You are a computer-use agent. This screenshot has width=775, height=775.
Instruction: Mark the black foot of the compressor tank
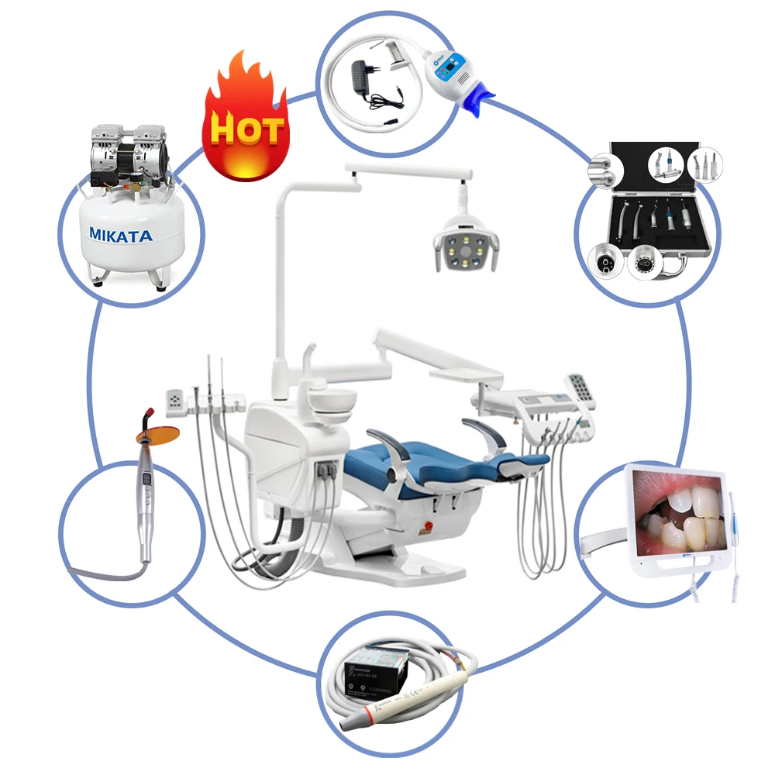[x=160, y=288]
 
